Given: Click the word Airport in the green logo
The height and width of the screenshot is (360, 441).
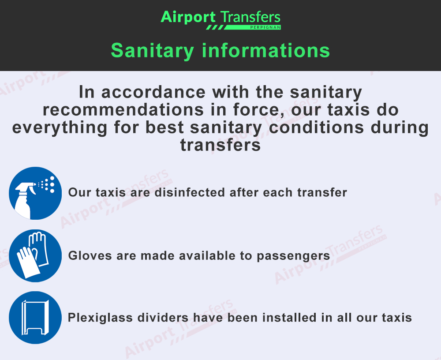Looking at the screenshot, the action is coord(188,18).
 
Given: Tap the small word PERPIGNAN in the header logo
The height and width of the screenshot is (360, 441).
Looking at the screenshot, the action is coord(265,27).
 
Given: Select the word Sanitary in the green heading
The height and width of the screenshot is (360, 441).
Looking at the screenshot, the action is coord(153,51).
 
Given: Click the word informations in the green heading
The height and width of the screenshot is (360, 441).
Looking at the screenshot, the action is coord(266,50).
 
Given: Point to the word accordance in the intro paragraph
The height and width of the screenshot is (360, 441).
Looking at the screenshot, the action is coord(153,92).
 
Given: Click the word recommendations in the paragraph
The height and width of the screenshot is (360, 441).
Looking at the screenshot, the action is coord(123,110).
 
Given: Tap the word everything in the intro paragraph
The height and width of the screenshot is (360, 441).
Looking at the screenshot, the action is coord(60,128).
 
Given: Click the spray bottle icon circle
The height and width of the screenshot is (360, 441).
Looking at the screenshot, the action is coord(35,193).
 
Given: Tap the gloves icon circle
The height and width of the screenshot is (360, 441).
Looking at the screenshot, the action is coord(35,255).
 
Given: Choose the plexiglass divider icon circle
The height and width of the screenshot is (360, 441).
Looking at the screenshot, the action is coord(35,318).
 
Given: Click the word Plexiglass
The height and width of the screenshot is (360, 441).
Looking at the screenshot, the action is coord(100,318).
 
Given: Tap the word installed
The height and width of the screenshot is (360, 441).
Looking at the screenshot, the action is coord(289,318).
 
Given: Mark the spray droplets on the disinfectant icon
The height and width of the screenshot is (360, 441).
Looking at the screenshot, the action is coord(47,185).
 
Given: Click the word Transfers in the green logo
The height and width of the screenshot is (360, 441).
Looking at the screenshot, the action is coord(250,17).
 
